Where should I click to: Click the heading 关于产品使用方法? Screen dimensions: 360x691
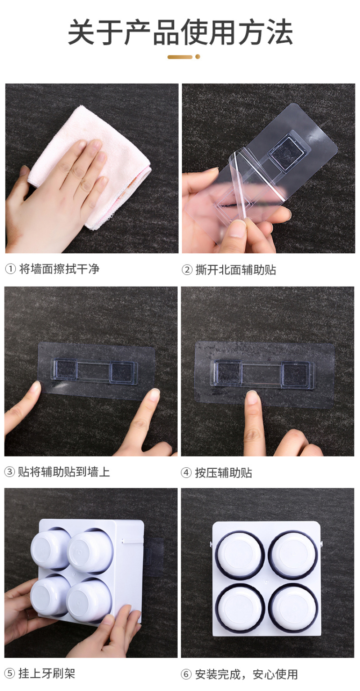(x=180, y=32)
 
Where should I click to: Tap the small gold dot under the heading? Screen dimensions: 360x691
(x=198, y=57)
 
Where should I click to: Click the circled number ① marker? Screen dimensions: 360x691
(x=10, y=269)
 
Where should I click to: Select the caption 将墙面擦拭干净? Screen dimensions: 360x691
(x=59, y=269)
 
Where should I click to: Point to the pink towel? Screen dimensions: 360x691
(x=90, y=166)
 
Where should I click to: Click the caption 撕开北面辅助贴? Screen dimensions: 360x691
(x=236, y=269)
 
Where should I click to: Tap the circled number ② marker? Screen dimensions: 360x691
(x=187, y=270)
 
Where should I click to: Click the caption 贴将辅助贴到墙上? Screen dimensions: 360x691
(x=63, y=472)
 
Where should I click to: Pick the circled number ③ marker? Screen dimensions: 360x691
(x=9, y=472)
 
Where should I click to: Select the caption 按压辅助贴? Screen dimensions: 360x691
(x=223, y=473)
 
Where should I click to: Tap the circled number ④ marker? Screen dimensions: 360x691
(x=186, y=473)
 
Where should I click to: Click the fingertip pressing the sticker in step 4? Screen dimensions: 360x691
(x=253, y=399)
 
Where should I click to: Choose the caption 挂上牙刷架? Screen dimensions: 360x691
(x=47, y=673)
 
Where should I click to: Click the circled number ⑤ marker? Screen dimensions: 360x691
(x=9, y=673)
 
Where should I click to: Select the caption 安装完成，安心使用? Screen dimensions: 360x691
(x=246, y=674)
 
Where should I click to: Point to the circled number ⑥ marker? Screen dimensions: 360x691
(x=186, y=674)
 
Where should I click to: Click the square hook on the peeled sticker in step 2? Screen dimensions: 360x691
(x=288, y=151)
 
